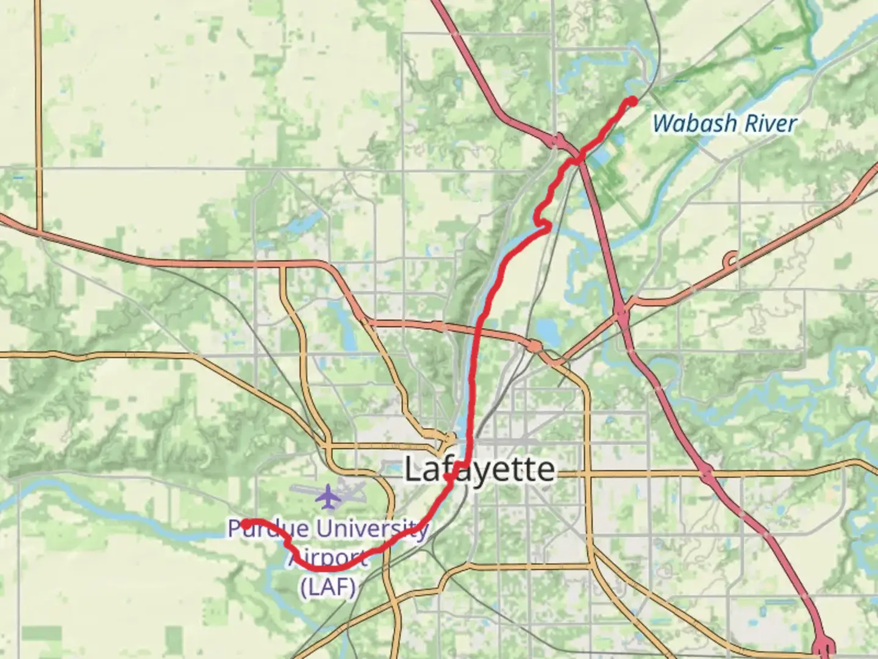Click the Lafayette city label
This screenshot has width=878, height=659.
(x=480, y=470)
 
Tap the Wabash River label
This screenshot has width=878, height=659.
(x=724, y=124)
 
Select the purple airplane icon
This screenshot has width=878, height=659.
(x=329, y=495)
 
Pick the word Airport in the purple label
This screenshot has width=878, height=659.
(x=327, y=558)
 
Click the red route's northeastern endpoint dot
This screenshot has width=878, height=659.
(x=633, y=101)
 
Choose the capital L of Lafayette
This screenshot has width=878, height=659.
(x=413, y=470)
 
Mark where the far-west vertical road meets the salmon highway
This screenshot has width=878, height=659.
(x=38, y=231)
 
